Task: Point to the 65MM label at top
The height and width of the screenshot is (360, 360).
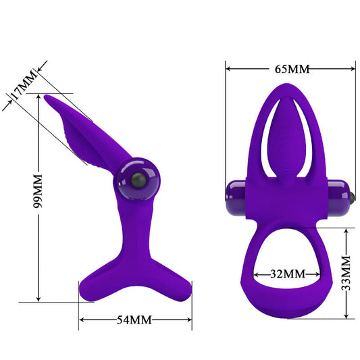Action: point(291,69)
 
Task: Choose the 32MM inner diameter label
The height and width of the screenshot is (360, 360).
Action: point(284,274)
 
